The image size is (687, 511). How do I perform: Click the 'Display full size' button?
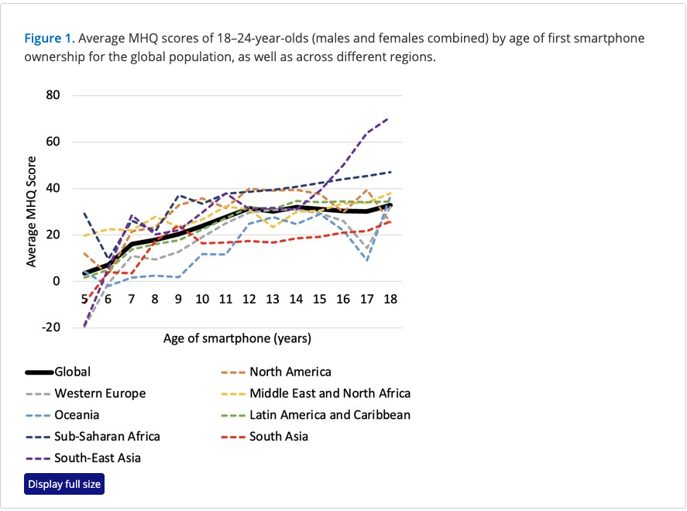tap(64, 485)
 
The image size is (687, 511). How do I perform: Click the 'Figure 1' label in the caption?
tap(49, 38)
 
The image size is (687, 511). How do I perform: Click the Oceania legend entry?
tap(77, 415)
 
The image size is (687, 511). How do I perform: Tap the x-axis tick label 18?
tap(390, 299)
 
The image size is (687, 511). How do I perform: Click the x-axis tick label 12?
tap(249, 299)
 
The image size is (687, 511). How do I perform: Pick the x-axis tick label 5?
tap(84, 299)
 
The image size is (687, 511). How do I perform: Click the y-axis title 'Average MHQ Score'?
tap(33, 211)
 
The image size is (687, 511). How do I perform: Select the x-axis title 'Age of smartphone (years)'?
tap(237, 338)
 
